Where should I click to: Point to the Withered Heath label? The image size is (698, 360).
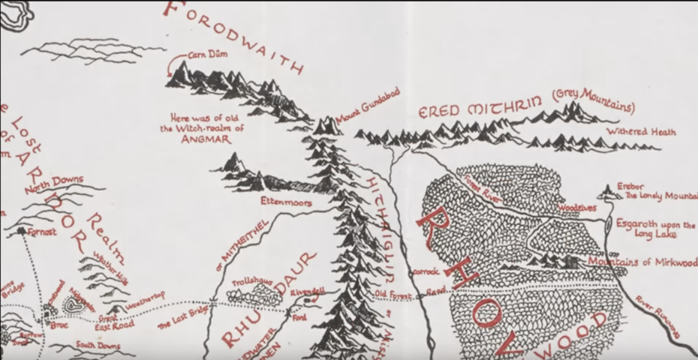click(641, 132)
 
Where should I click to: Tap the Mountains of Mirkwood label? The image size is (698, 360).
click(642, 262)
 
